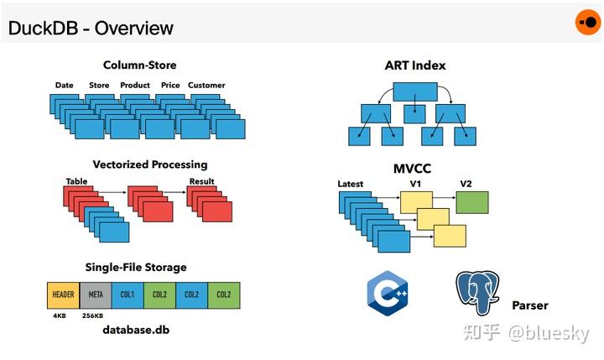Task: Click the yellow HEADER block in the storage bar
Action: [x=63, y=295]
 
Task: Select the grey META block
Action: [x=95, y=295]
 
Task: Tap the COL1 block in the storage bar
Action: [x=127, y=295]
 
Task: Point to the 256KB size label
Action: [x=94, y=316]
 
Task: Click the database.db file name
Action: [x=142, y=330]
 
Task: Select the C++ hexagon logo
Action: [x=388, y=293]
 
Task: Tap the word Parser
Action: [x=530, y=305]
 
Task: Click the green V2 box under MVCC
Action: [x=472, y=202]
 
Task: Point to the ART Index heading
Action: [x=415, y=65]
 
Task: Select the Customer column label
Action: [x=206, y=85]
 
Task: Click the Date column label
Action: [x=65, y=85]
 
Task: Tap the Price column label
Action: [x=170, y=85]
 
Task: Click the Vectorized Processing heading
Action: [x=150, y=164]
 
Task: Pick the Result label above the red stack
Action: [x=201, y=181]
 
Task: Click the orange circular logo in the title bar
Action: [x=587, y=23]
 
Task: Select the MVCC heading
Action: [x=412, y=168]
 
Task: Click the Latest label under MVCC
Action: [x=351, y=184]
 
